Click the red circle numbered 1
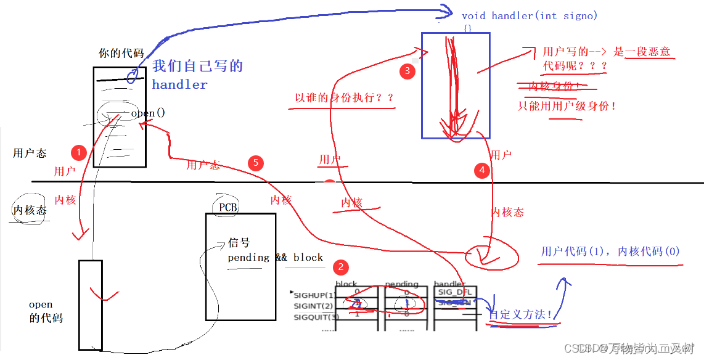(x=78, y=152)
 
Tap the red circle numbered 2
(x=340, y=267)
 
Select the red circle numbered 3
(x=406, y=71)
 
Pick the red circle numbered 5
(x=256, y=163)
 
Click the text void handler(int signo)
(x=530, y=15)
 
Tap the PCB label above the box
(x=228, y=207)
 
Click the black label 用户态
(x=30, y=153)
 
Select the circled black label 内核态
(x=30, y=211)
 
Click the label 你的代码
(x=121, y=54)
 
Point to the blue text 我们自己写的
(x=198, y=66)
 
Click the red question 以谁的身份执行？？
(x=344, y=97)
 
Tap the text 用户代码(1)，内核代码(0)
(x=610, y=252)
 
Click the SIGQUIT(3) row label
(x=316, y=317)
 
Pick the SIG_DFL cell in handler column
(x=455, y=292)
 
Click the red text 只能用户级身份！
(x=567, y=105)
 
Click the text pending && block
(x=275, y=257)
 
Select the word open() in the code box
(x=148, y=113)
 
